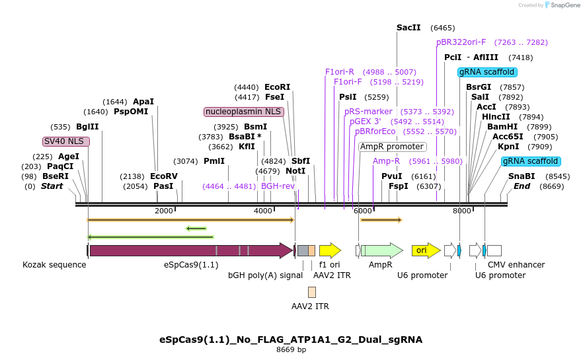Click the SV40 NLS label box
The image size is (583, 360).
pyautogui.click(x=65, y=141)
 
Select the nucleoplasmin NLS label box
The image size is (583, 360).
pyautogui.click(x=244, y=112)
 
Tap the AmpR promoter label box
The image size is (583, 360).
pyautogui.click(x=392, y=147)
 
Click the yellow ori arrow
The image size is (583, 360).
pyautogui.click(x=426, y=250)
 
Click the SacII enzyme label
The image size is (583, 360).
pyautogui.click(x=408, y=28)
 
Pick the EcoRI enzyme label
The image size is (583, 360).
pyautogui.click(x=277, y=87)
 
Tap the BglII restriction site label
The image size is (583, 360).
pyautogui.click(x=87, y=127)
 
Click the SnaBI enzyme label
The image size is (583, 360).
pyautogui.click(x=522, y=176)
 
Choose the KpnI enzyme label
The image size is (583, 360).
pyautogui.click(x=508, y=147)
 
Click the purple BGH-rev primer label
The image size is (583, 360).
pyautogui.click(x=278, y=186)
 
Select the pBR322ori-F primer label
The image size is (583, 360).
pyautogui.click(x=461, y=42)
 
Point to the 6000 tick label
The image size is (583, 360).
pyautogui.click(x=362, y=211)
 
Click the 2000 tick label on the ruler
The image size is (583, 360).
pyautogui.click(x=163, y=211)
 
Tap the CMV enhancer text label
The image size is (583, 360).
pyautogui.click(x=516, y=265)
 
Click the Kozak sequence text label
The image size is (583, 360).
pyautogui.click(x=54, y=265)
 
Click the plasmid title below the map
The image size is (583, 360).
pyautogui.click(x=291, y=340)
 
